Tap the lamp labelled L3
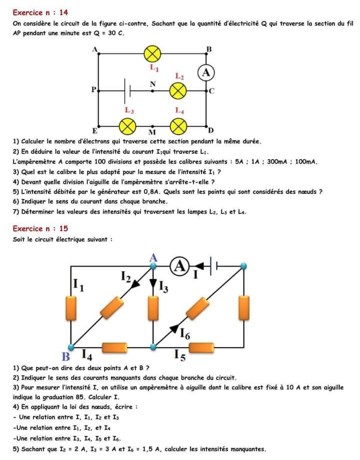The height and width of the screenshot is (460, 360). coord(128,125)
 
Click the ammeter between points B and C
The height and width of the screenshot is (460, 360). coord(205,72)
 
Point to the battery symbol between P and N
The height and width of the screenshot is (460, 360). coord(127,91)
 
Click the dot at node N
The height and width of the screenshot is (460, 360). coord(152,91)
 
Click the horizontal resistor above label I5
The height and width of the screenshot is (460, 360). coord(201,346)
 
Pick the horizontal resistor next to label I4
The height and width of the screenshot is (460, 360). coord(114,346)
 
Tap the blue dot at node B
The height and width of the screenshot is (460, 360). coord(70,346)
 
